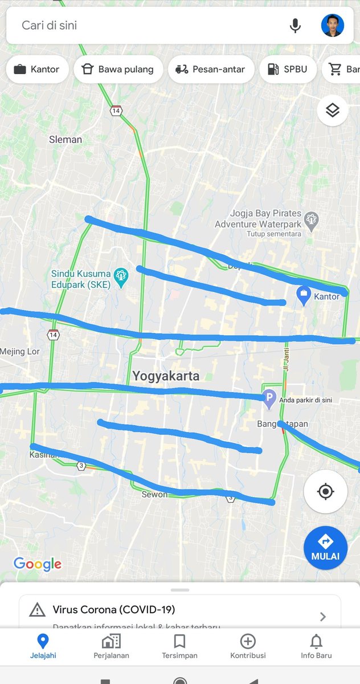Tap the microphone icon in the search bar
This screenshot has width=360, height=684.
pos(295,26)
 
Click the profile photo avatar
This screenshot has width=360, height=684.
pos(333,26)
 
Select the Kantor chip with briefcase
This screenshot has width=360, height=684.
pos(37,70)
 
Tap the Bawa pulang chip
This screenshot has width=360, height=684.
pos(118,70)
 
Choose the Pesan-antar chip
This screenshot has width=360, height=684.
pos(211,70)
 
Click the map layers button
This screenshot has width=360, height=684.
pos(333,110)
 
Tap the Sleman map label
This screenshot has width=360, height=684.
pos(66,140)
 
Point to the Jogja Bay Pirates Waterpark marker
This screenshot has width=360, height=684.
pos(311,219)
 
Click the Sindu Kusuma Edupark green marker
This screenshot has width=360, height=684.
pos(121,276)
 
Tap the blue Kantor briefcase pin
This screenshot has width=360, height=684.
pos(304,295)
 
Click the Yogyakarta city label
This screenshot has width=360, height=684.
pos(166,376)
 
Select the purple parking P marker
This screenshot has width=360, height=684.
pos(269,398)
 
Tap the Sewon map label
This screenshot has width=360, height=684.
pos(154,494)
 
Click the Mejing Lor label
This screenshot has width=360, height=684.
pos(20,352)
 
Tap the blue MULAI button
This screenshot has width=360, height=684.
pos(325,547)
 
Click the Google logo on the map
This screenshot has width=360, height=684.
pos(37,564)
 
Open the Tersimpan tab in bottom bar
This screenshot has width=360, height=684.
pos(179,646)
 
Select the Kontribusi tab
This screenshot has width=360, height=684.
pos(248,646)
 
